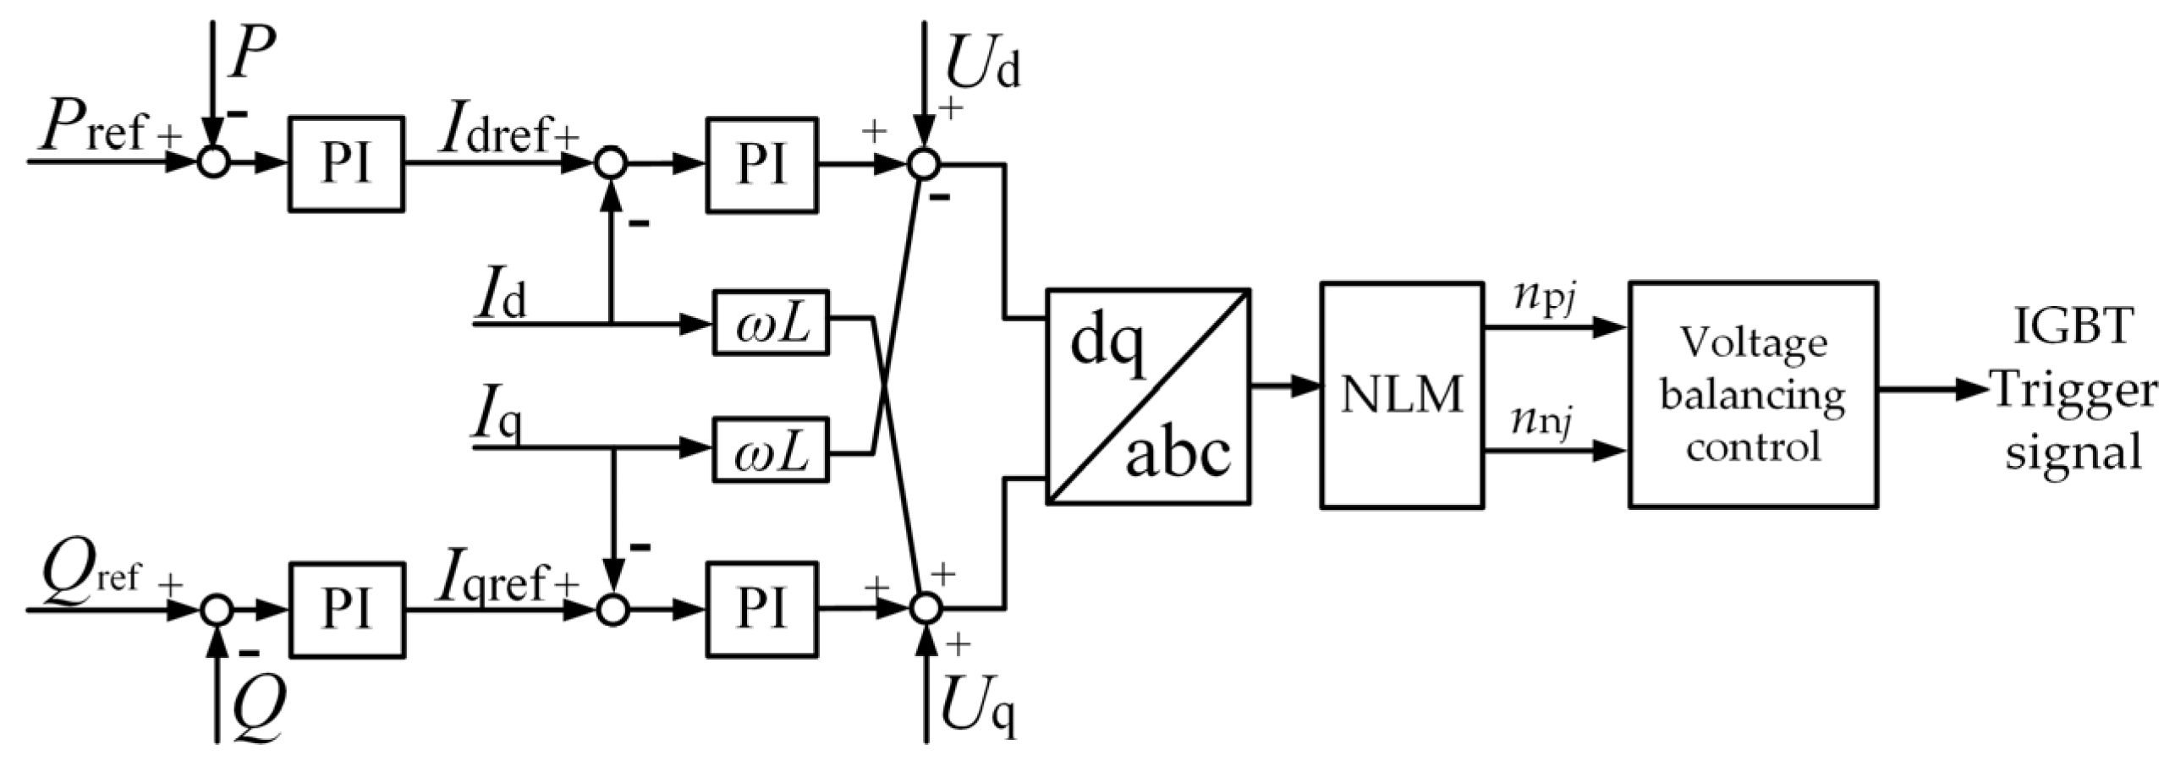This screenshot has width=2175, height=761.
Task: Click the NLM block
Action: pyautogui.click(x=1402, y=395)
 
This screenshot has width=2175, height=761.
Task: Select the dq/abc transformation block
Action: pyautogui.click(x=1148, y=397)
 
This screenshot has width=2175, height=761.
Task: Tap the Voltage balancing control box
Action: pyautogui.click(x=1753, y=395)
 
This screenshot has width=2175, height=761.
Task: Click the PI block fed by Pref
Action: pyautogui.click(x=345, y=163)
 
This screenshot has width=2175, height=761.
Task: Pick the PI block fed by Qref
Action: pyautogui.click(x=345, y=609)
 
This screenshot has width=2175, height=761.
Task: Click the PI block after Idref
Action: pyautogui.click(x=761, y=164)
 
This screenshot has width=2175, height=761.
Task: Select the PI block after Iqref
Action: pyautogui.click(x=761, y=609)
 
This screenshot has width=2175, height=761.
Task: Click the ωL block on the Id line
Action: pyautogui.click(x=770, y=322)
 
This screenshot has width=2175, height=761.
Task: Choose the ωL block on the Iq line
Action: pyautogui.click(x=770, y=449)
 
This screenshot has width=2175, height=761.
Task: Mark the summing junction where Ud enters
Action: pyautogui.click(x=924, y=164)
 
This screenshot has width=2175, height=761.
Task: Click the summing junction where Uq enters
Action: pyautogui.click(x=925, y=608)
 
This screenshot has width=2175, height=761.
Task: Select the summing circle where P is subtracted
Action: pyautogui.click(x=214, y=162)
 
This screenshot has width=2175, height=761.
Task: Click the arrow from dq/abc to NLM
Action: pyautogui.click(x=1285, y=386)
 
